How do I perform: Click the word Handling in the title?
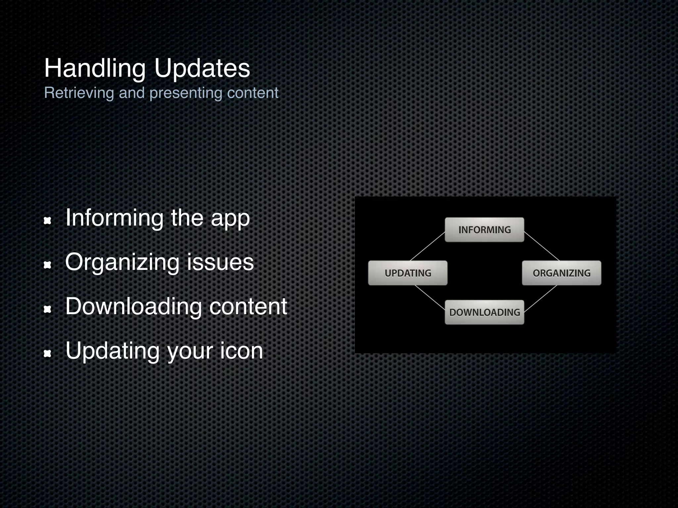pyautogui.click(x=95, y=68)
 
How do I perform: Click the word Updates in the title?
pyautogui.click(x=202, y=68)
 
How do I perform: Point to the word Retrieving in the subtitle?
pyautogui.click(x=79, y=93)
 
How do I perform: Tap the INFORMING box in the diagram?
pyautogui.click(x=484, y=230)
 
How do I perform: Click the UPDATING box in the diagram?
pyautogui.click(x=408, y=273)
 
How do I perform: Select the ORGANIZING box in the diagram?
pyautogui.click(x=561, y=273)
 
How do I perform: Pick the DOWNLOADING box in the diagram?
pyautogui.click(x=484, y=312)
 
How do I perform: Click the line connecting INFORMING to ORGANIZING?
pyautogui.click(x=542, y=246)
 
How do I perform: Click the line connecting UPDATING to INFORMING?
pyautogui.click(x=427, y=246)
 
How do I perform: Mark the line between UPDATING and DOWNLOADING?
pyautogui.click(x=430, y=297)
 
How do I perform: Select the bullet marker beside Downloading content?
pyautogui.click(x=48, y=309)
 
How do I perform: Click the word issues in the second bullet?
pyautogui.click(x=220, y=262)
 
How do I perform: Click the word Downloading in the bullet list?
pyautogui.click(x=133, y=307)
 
